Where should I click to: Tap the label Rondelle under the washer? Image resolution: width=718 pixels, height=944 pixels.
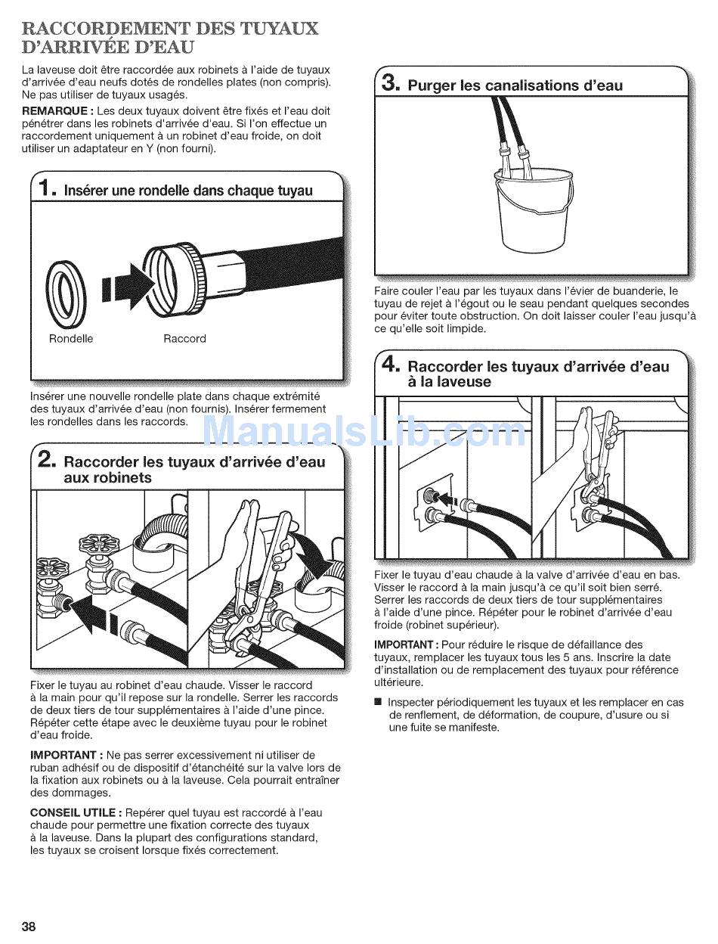click(71, 338)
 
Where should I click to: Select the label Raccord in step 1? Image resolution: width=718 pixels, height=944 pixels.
click(184, 338)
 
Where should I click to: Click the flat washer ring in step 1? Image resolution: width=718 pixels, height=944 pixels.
click(66, 293)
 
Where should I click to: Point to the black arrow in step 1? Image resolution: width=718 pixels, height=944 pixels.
click(128, 286)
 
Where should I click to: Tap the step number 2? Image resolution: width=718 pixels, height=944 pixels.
click(46, 459)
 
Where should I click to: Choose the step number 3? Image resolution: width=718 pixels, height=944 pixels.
click(391, 82)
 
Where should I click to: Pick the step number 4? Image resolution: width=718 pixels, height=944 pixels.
click(391, 365)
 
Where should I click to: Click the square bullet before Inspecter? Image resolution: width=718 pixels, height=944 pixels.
click(378, 702)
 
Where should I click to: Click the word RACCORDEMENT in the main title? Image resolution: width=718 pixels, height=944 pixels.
click(106, 29)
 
